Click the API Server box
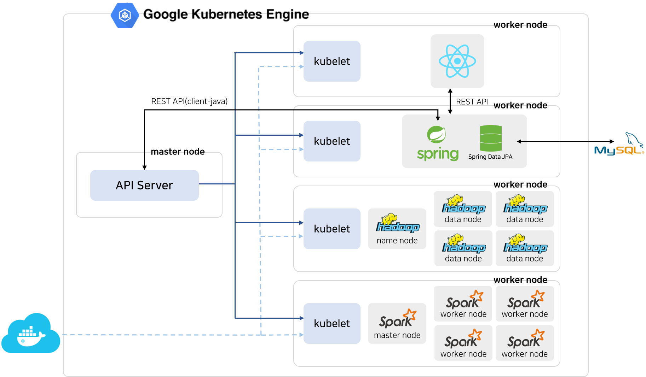tap(144, 185)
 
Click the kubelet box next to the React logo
tap(332, 61)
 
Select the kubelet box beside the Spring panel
tap(332, 141)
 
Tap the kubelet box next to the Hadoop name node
tap(332, 229)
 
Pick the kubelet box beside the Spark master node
tap(332, 323)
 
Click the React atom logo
tap(457, 61)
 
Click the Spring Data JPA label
tap(490, 157)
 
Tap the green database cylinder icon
tap(491, 138)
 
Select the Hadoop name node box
tap(397, 229)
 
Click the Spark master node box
tap(397, 323)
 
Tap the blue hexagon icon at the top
tap(125, 16)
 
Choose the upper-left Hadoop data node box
tap(463, 209)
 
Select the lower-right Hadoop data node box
tap(525, 248)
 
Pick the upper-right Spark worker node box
tap(525, 304)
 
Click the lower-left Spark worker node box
tap(463, 343)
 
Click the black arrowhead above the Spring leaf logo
tap(438, 118)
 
